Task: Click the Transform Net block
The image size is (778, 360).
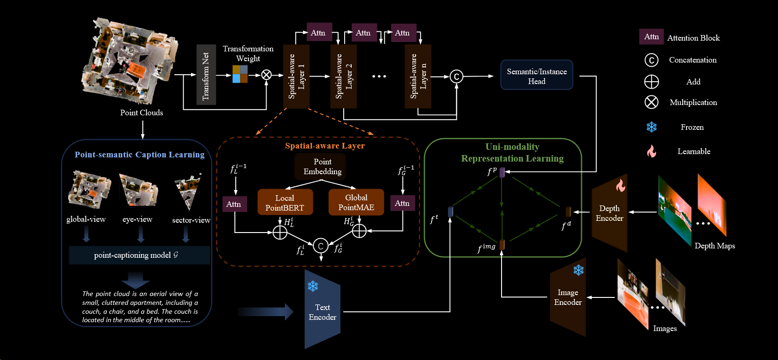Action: (206, 75)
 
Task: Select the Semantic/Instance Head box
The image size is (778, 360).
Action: (537, 75)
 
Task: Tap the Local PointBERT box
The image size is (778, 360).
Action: (284, 202)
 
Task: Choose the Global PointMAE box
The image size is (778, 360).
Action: (356, 202)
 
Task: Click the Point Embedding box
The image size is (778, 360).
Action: (322, 167)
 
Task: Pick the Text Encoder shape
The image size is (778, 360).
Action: (322, 310)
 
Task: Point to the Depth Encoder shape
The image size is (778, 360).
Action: (609, 213)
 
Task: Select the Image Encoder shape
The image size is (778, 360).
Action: (568, 297)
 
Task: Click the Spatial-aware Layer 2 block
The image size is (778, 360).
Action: (343, 76)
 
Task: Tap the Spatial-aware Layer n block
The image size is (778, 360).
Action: (418, 76)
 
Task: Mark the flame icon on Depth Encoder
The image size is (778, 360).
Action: (620, 185)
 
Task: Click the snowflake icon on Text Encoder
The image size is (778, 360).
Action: (313, 286)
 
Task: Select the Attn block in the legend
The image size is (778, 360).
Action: (651, 37)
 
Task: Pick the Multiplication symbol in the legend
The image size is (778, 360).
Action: (651, 102)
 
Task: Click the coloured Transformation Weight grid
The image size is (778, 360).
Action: (240, 74)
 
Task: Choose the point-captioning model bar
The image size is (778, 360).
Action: (139, 255)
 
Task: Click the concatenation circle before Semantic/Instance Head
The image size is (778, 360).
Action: (456, 77)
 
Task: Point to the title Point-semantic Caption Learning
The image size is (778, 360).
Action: (140, 155)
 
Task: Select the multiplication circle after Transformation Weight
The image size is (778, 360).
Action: (266, 75)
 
